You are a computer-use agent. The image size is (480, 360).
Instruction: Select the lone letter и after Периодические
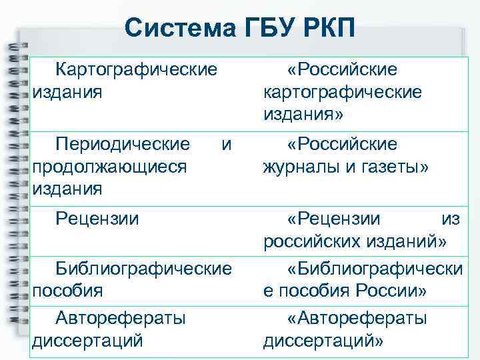227,144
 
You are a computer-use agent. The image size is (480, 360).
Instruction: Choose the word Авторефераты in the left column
121,319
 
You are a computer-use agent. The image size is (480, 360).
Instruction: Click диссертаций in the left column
88,341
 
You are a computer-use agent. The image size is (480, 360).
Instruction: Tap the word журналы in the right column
304,166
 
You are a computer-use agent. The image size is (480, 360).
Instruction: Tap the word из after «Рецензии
451,218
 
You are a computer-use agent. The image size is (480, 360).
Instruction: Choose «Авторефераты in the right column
357,319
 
